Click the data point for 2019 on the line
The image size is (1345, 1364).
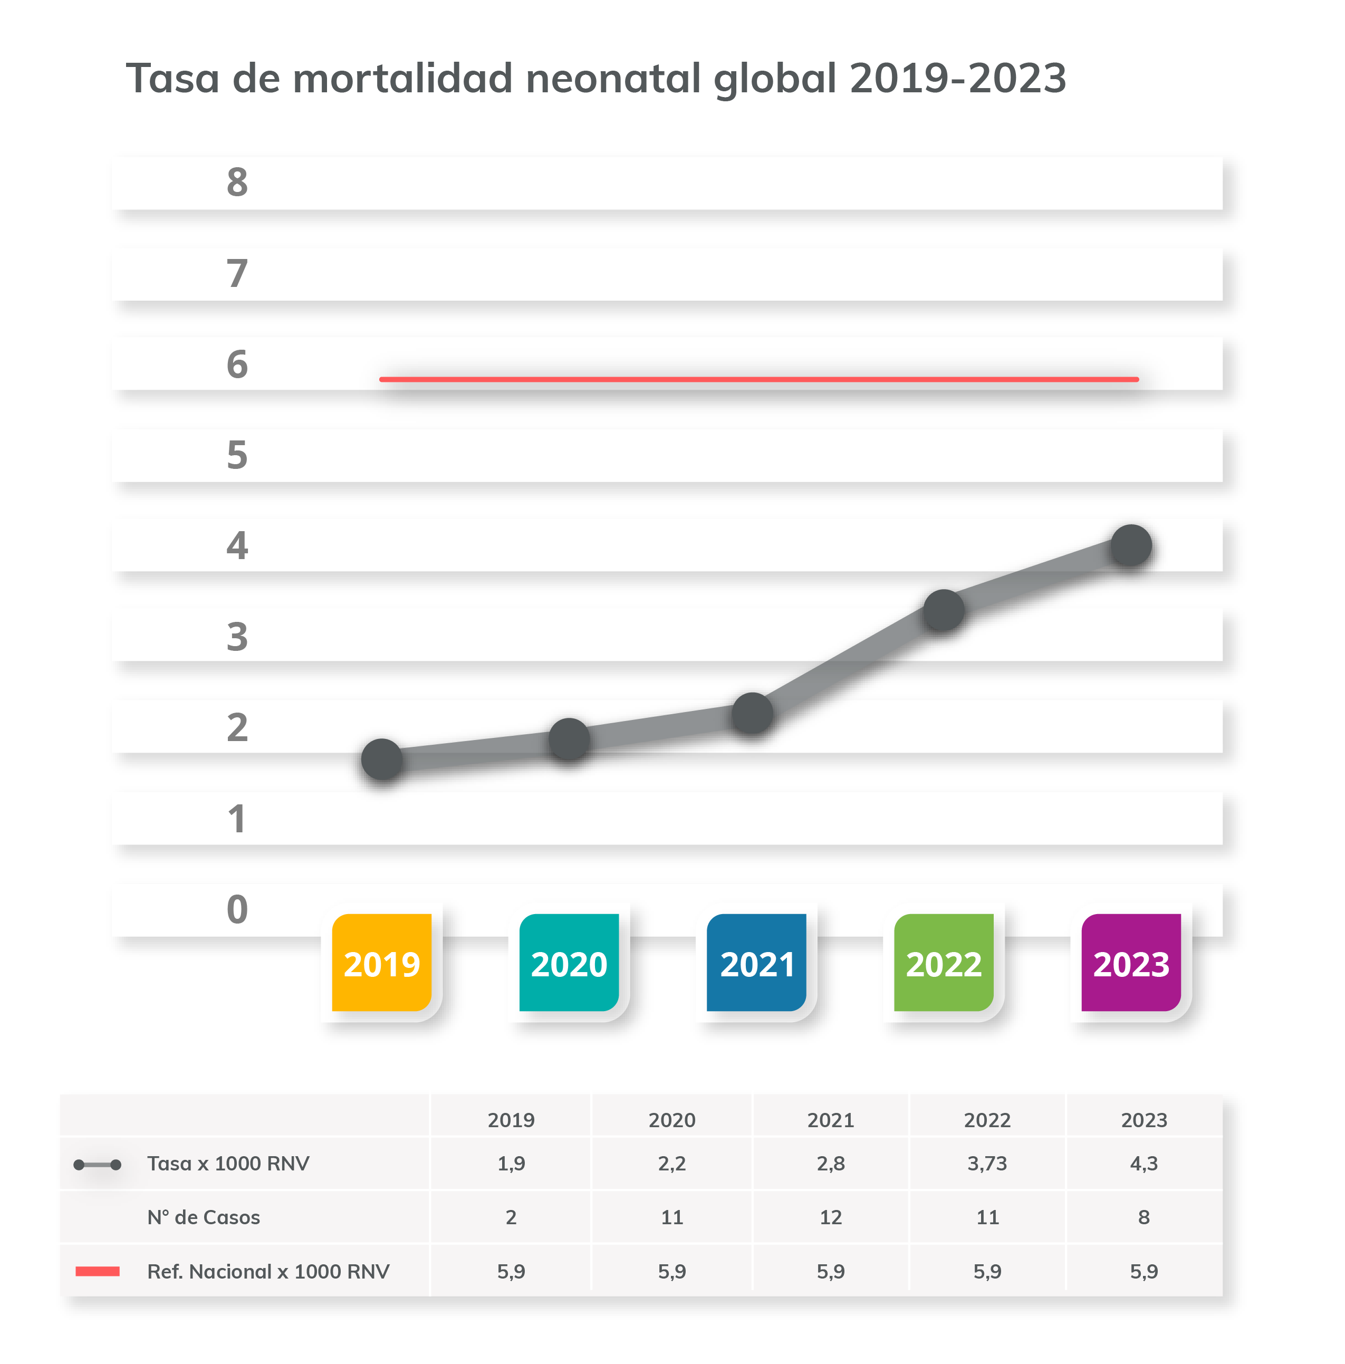(x=381, y=759)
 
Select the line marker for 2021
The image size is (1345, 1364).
(x=752, y=713)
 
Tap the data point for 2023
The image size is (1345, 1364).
(x=1130, y=545)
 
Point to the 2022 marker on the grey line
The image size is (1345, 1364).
(x=943, y=610)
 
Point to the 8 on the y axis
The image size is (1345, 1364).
(x=237, y=182)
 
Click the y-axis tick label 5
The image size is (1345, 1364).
(x=237, y=455)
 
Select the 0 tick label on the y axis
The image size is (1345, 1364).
(x=237, y=909)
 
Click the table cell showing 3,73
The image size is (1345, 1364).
(x=987, y=1164)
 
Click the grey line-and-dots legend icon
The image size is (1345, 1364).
(x=98, y=1164)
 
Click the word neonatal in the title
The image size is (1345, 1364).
(x=612, y=78)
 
